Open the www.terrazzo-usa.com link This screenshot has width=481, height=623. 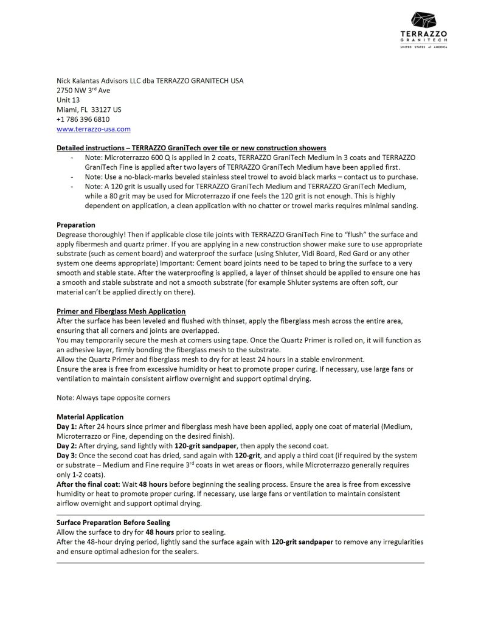click(94, 129)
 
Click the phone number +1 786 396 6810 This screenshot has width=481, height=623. click(83, 119)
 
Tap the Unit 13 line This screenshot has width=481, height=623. click(67, 100)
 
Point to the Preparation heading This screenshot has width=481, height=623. click(76, 224)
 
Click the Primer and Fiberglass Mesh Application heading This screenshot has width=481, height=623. click(116, 310)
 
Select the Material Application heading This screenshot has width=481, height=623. click(90, 417)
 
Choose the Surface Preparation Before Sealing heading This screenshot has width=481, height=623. click(113, 522)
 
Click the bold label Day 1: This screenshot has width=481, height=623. click(65, 426)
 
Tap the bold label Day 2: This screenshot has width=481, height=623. click(65, 446)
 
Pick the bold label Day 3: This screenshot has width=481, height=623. click(65, 455)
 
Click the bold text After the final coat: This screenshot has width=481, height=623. click(88, 484)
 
